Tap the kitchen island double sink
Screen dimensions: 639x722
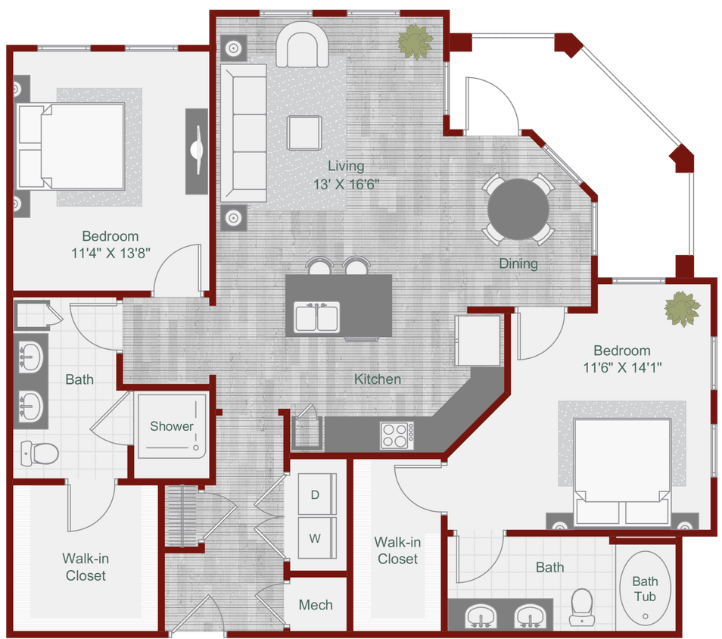point(317,317)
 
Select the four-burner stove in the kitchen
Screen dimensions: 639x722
point(396,435)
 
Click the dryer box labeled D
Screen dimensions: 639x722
point(315,495)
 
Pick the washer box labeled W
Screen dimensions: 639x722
point(315,539)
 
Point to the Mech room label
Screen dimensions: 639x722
point(316,605)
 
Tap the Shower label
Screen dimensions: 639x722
point(172,426)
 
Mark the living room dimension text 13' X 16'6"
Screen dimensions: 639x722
point(346,183)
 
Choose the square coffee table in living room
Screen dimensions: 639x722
point(303,132)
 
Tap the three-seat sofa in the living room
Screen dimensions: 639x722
point(243,132)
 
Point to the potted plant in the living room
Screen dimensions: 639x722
point(415,41)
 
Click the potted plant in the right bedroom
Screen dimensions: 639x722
point(682,309)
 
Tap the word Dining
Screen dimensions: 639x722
point(518,263)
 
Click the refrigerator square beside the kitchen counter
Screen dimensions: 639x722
point(478,338)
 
